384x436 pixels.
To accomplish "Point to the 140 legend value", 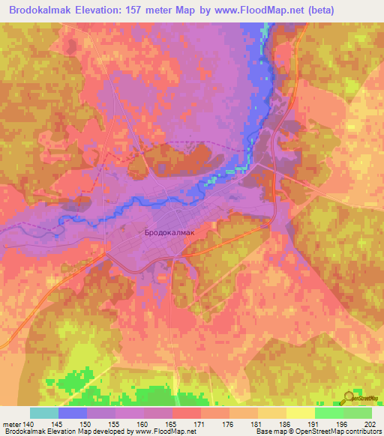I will pyautogui.click(x=28, y=423).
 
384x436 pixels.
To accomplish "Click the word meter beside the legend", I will pyautogui.click(x=11, y=423).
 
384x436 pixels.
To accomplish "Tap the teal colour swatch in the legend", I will pyautogui.click(x=43, y=413).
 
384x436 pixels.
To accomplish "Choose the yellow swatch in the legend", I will pyautogui.click(x=300, y=413).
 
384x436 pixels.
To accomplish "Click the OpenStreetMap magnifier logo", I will pyautogui.click(x=349, y=399).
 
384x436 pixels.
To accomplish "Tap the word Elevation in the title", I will pyautogui.click(x=91, y=10).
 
